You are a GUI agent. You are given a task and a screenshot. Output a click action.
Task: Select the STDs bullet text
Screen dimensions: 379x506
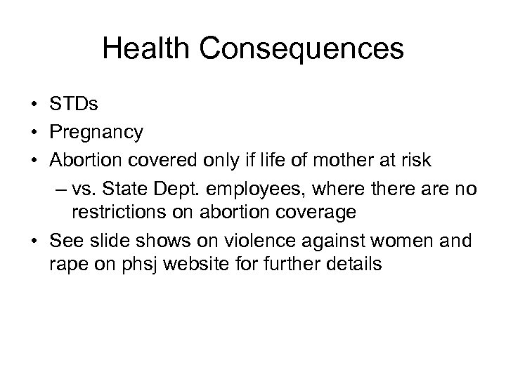point(74,106)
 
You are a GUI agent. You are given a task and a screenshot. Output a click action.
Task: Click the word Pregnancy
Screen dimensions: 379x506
point(96,131)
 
